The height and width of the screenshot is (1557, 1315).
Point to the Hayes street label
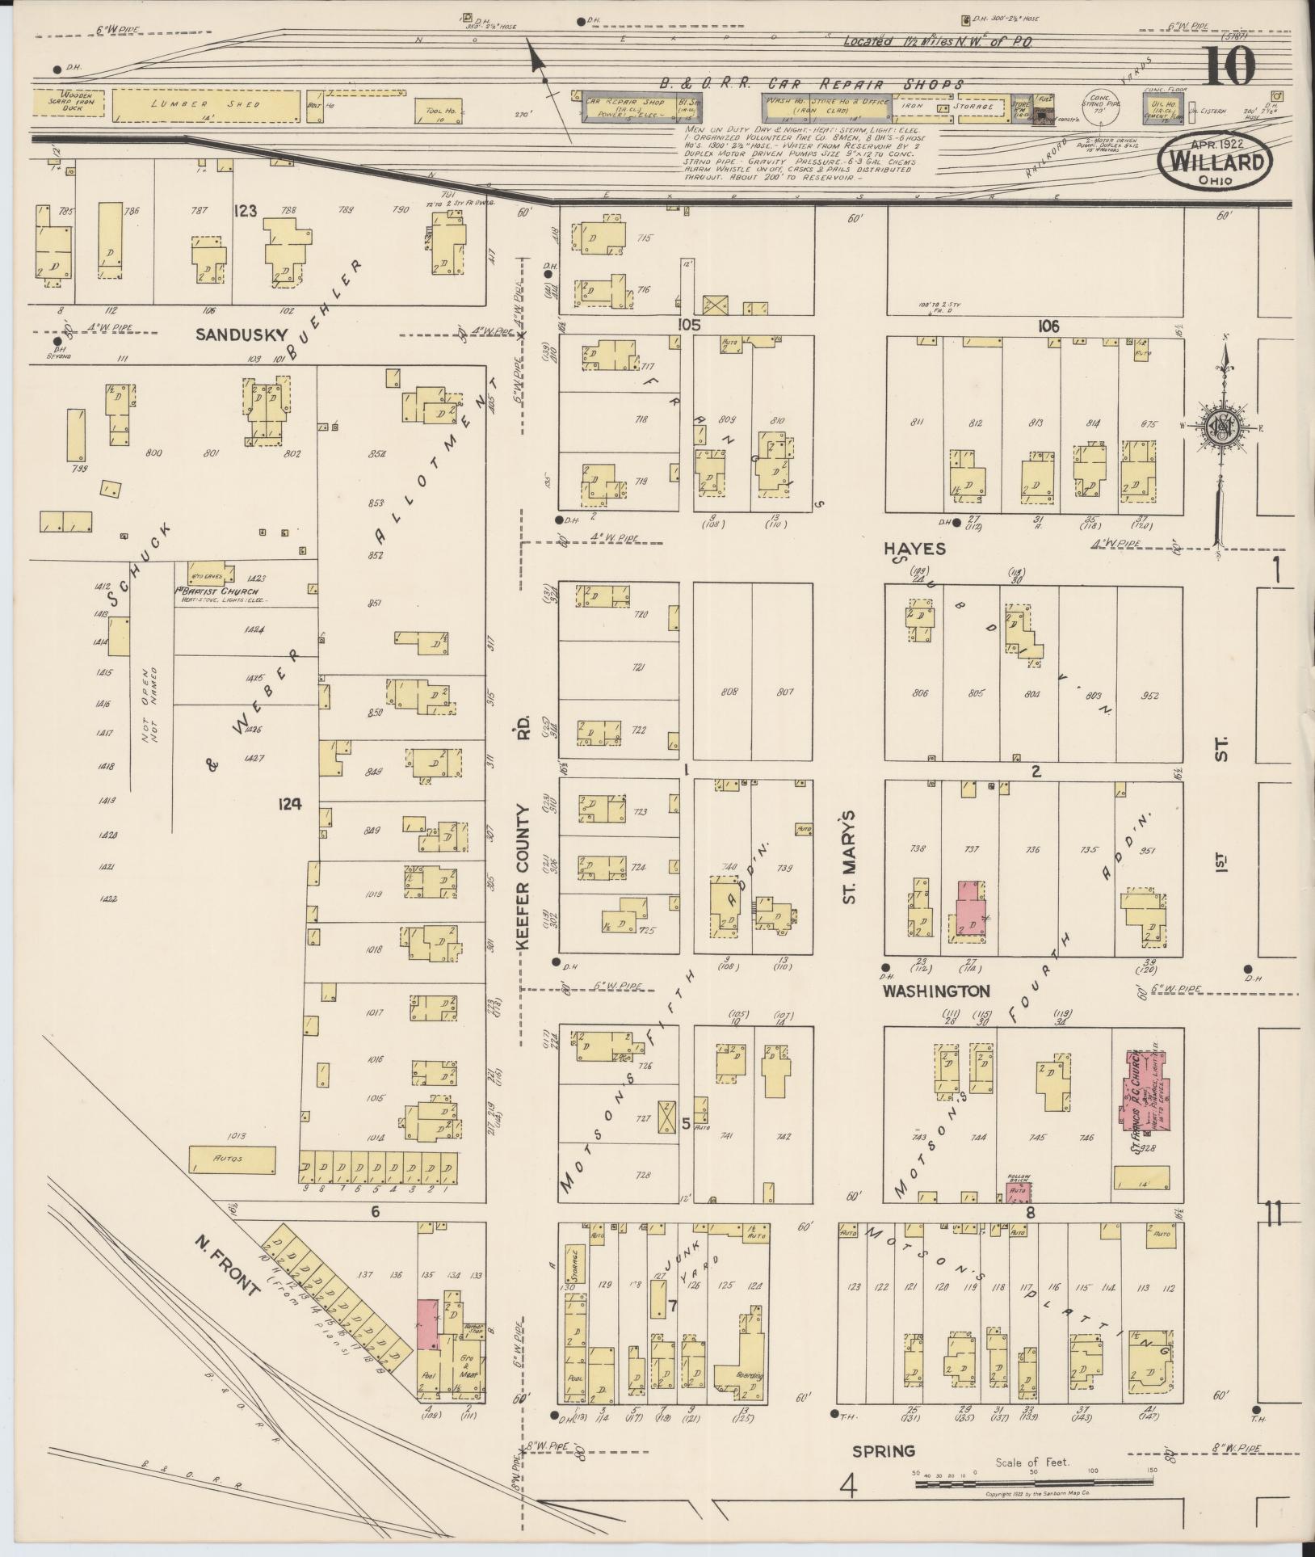914,549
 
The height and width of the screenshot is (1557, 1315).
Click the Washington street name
935,990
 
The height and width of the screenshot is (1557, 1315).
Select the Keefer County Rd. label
522,856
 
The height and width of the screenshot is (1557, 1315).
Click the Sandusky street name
221,332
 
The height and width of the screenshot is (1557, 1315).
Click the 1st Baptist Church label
212,591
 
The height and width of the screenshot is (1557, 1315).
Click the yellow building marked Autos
232,1159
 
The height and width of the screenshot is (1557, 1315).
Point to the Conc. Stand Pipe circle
1097,107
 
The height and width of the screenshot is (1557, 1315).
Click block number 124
289,804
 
